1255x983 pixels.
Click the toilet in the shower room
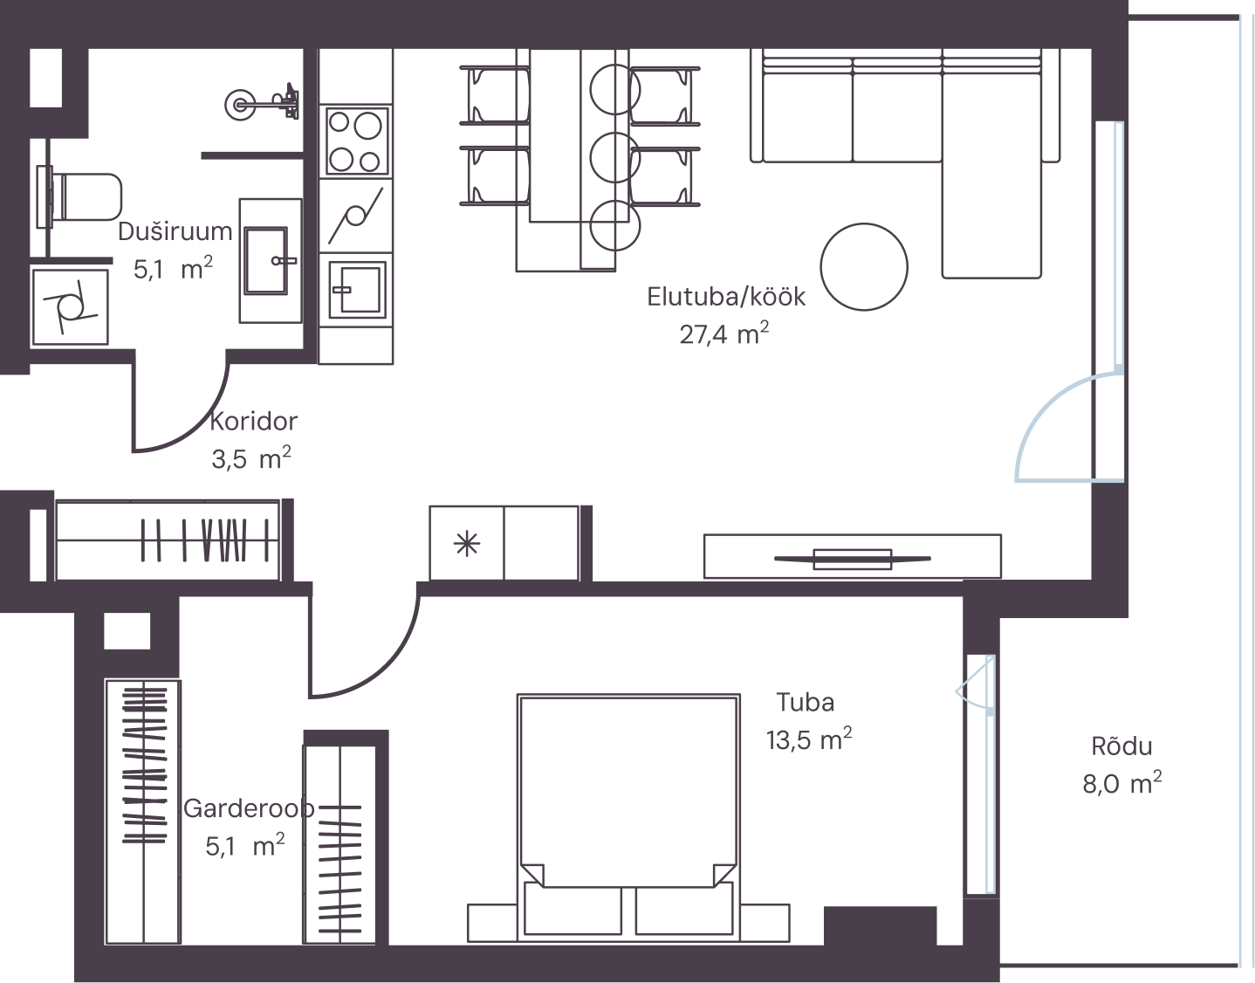(79, 197)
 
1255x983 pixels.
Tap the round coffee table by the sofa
(863, 267)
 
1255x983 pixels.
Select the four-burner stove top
(355, 141)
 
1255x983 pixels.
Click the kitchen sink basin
(357, 289)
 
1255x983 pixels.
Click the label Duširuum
(175, 231)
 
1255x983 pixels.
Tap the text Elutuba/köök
(725, 297)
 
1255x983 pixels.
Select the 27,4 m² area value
(724, 333)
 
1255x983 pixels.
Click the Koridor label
(254, 422)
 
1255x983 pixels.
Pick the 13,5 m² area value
(808, 739)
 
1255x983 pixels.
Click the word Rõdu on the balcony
(1121, 746)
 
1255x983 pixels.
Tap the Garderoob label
(249, 808)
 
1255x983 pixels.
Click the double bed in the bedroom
(628, 817)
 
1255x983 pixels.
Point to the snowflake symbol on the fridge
(467, 544)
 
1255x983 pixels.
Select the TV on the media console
(852, 559)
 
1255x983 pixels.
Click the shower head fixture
(263, 104)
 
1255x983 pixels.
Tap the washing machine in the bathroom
(70, 307)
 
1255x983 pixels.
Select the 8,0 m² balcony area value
(1121, 784)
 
